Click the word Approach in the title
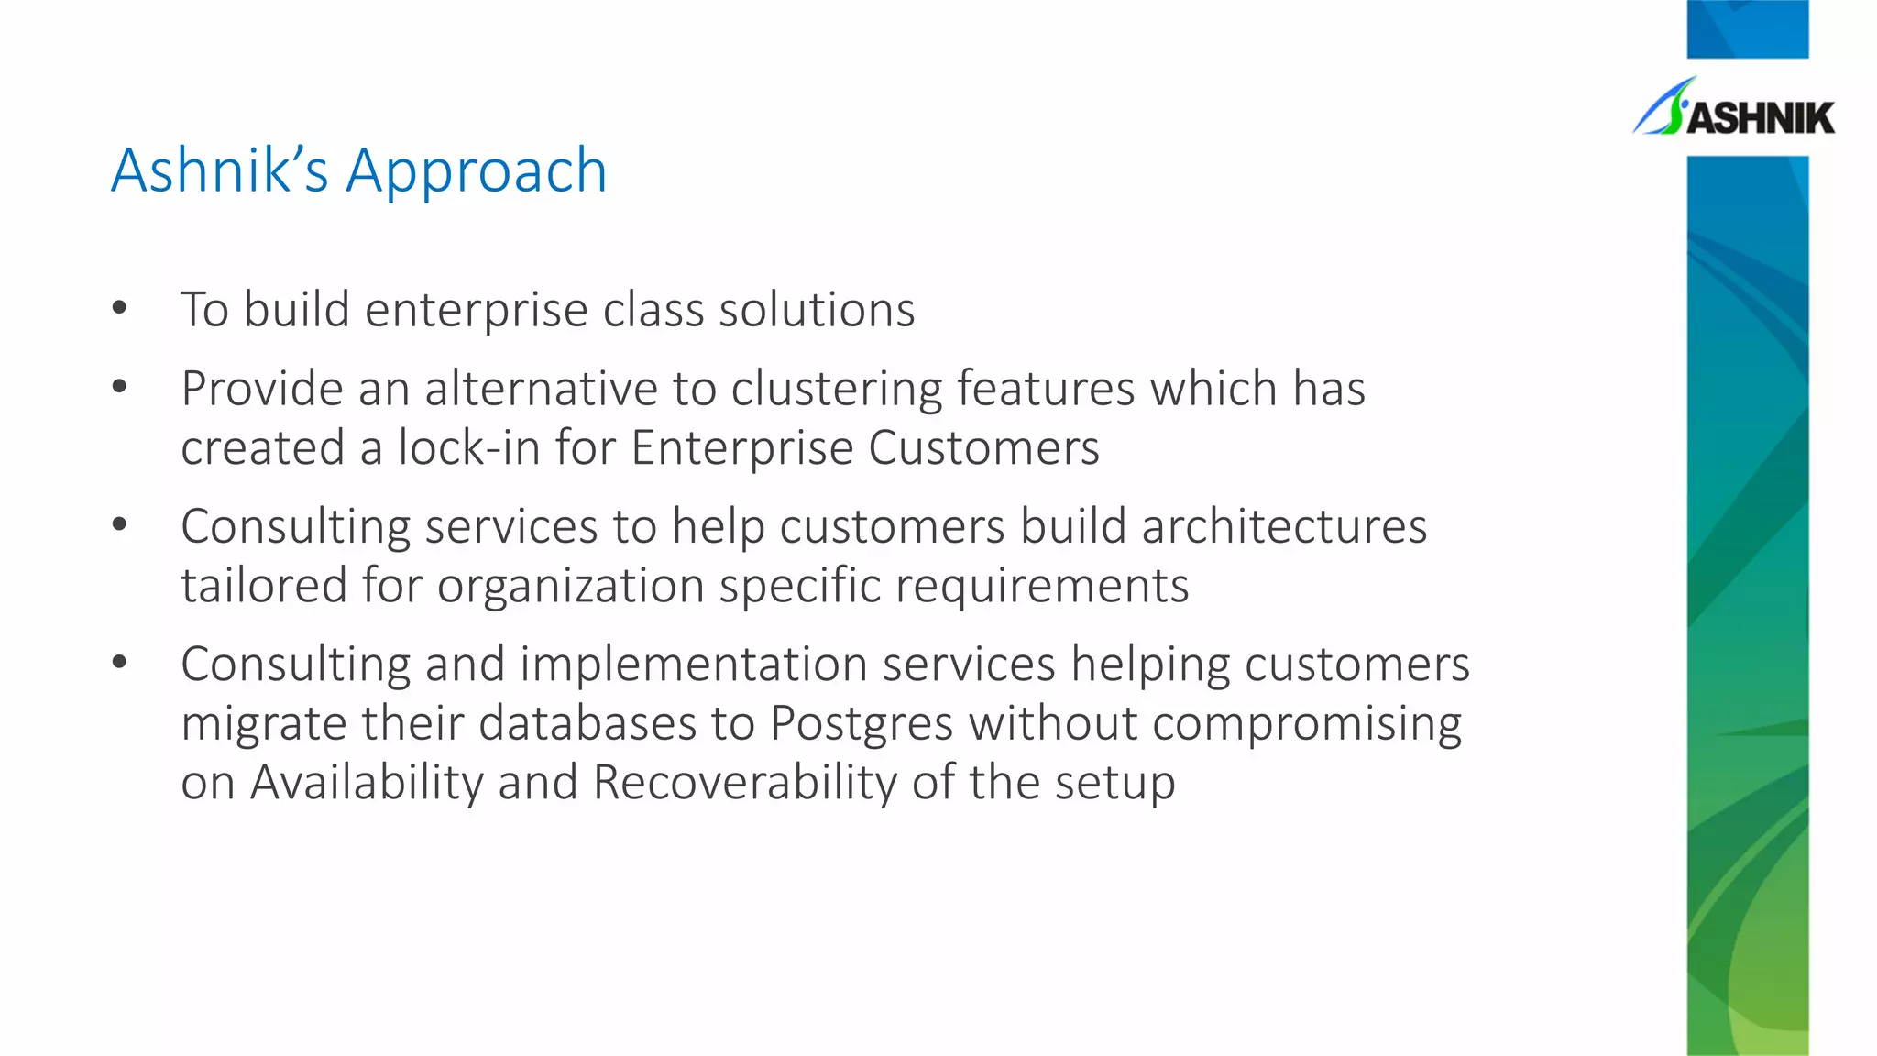[476, 172]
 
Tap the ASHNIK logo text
[1760, 118]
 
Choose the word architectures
[1284, 527]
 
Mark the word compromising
[1307, 724]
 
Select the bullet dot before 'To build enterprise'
[119, 309]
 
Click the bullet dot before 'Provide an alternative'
[119, 388]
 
